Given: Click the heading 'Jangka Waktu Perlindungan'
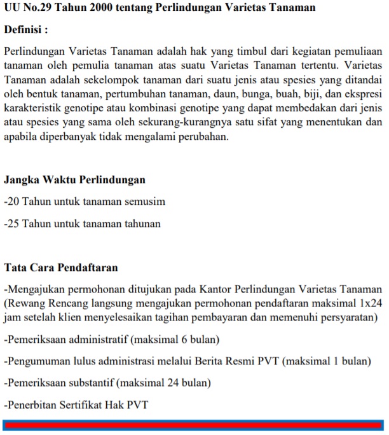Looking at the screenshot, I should [x=74, y=180].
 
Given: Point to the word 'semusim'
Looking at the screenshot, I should [x=146, y=202].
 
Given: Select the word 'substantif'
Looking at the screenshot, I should [x=89, y=383].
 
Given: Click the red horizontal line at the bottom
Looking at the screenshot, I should [x=193, y=425].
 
